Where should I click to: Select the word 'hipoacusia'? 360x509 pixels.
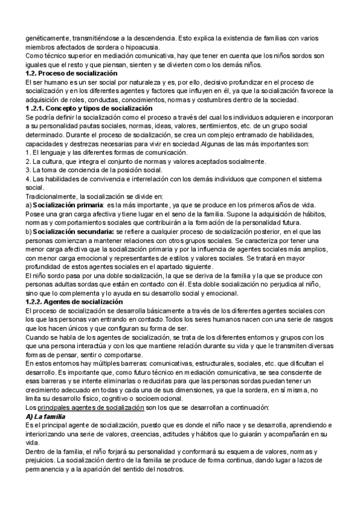(152, 47)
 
